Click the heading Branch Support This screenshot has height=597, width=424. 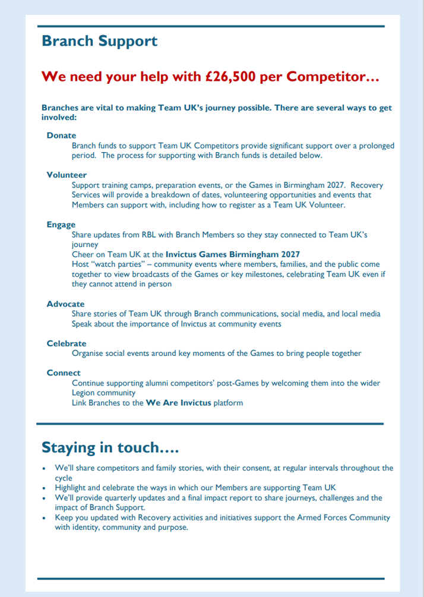click(x=99, y=41)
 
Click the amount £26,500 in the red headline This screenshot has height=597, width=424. click(x=234, y=77)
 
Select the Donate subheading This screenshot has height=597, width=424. click(x=61, y=135)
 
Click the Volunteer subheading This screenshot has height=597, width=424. click(x=67, y=175)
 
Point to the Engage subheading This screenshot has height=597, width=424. click(x=61, y=225)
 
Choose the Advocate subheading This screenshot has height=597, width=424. click(x=65, y=304)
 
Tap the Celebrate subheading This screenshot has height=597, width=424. click(x=67, y=343)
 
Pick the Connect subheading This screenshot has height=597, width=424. click(x=64, y=373)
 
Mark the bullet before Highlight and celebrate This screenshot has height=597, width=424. click(x=45, y=488)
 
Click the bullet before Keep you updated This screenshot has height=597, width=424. click(x=45, y=518)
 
